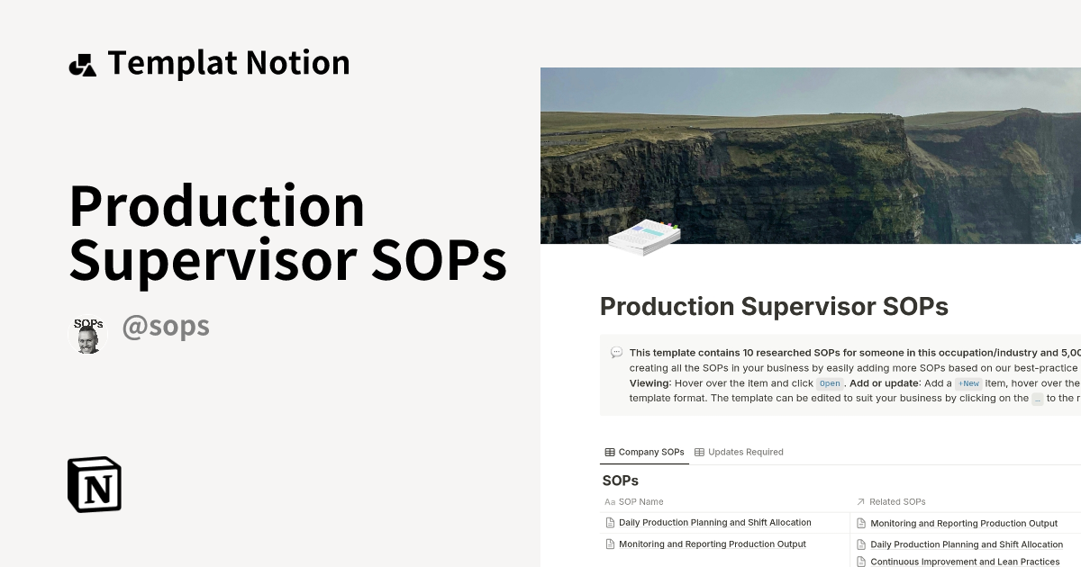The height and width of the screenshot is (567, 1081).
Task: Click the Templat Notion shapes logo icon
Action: point(83,65)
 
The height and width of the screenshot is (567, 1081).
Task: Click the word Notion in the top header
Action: point(297,63)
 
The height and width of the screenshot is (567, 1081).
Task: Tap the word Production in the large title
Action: point(217,206)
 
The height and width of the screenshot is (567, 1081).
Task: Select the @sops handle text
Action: point(166,326)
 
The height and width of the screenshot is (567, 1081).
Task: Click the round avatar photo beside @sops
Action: point(88,335)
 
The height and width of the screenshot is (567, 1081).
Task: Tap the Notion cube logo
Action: point(95,484)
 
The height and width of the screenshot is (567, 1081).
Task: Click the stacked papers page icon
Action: point(643,236)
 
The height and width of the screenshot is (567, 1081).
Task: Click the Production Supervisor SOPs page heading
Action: point(774,306)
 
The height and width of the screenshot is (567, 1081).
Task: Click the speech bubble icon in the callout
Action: point(616,353)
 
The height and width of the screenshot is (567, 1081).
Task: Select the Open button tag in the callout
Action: point(829,383)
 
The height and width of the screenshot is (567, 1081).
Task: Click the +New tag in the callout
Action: point(968,383)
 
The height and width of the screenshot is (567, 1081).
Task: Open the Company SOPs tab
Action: point(644,452)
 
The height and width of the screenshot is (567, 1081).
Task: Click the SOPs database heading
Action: point(621,481)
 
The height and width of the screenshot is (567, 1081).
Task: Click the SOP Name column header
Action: point(640,501)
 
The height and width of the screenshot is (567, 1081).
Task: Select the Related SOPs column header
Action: point(897,501)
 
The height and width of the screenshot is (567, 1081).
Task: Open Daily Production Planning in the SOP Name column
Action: point(714,522)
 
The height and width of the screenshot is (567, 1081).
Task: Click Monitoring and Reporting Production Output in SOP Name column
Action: point(712,544)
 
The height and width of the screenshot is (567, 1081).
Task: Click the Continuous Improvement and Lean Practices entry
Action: point(964,562)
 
